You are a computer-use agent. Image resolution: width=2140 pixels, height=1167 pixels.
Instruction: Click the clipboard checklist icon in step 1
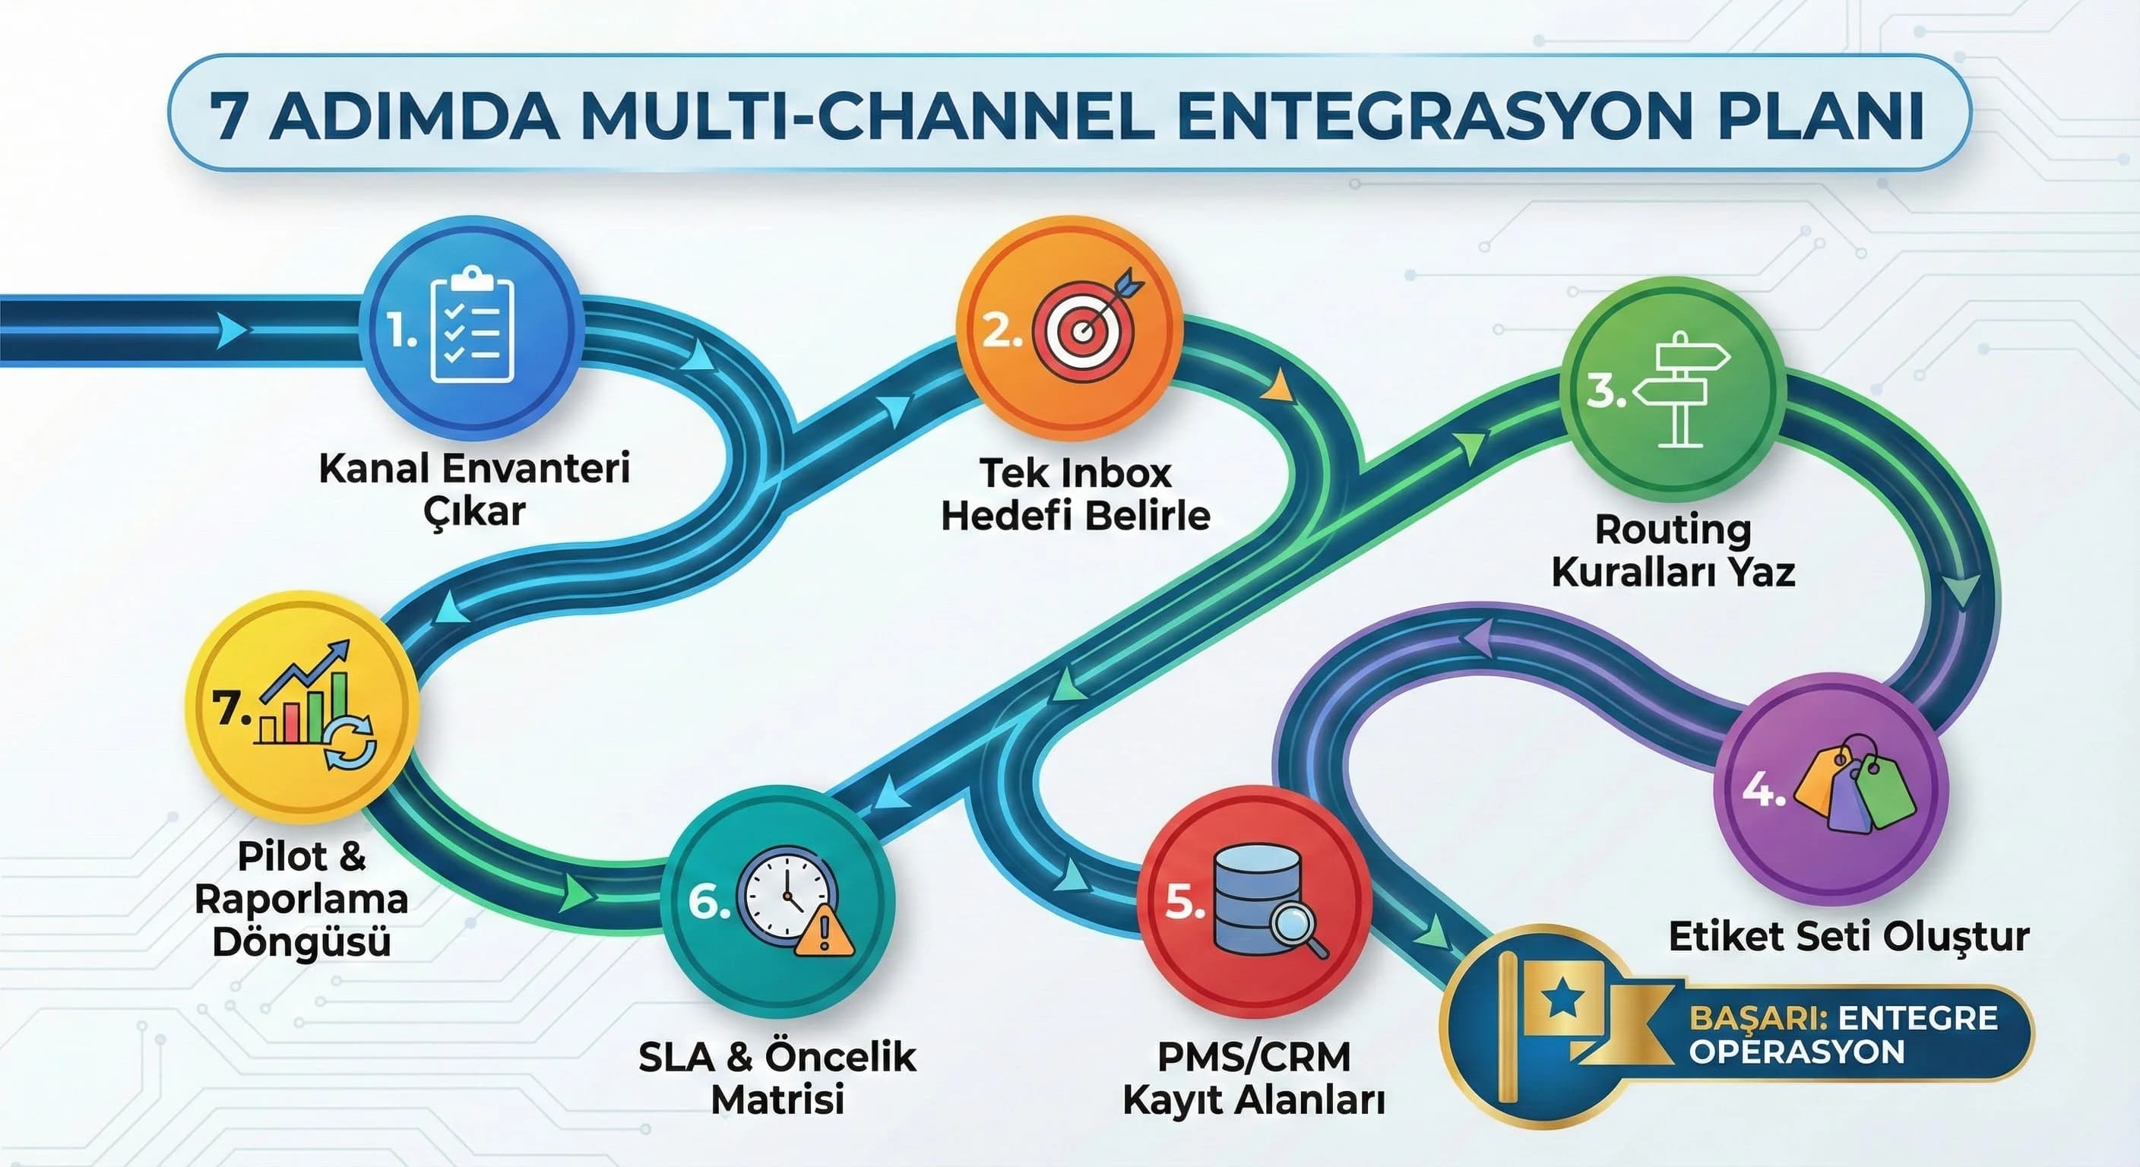pyautogui.click(x=473, y=331)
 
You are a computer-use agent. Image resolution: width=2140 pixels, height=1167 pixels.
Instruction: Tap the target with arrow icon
pyautogui.click(x=1085, y=326)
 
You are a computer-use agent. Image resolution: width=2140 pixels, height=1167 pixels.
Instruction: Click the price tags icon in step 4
pyautogui.click(x=1857, y=785)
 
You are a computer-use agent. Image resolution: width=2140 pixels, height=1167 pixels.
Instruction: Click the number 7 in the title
pyautogui.click(x=229, y=117)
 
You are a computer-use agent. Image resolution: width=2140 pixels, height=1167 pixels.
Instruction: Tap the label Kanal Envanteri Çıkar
pyautogui.click(x=474, y=489)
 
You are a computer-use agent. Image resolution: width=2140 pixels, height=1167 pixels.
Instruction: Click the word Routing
pyautogui.click(x=1673, y=529)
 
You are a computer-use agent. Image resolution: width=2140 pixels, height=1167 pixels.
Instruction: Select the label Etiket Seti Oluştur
pyautogui.click(x=1849, y=937)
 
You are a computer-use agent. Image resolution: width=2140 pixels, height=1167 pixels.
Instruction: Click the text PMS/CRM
pyautogui.click(x=1254, y=1058)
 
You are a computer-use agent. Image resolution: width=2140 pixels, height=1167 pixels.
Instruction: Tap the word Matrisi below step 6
pyautogui.click(x=777, y=1099)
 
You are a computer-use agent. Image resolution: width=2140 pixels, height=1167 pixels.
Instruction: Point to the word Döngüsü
pyautogui.click(x=302, y=943)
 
